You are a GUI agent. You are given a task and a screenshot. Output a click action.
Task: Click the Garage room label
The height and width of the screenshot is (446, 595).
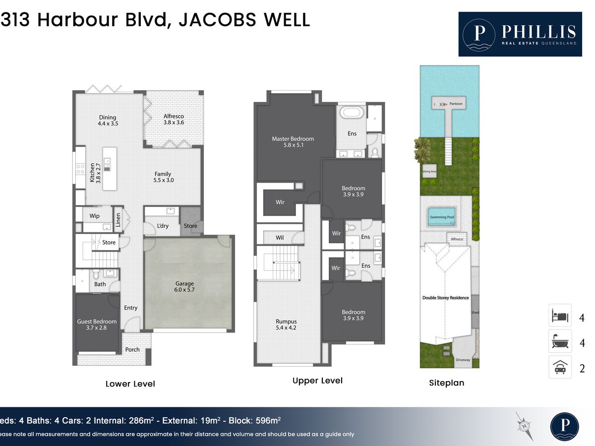[x=184, y=286]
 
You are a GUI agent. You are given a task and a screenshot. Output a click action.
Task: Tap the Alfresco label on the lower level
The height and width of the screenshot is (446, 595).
[x=174, y=119]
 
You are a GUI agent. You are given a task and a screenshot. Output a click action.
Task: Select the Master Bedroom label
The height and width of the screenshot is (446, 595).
[x=293, y=142]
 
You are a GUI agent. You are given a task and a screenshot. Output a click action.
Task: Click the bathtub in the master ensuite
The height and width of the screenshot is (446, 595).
[x=352, y=112]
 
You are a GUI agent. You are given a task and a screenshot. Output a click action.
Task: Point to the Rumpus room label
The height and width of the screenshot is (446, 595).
[x=286, y=325]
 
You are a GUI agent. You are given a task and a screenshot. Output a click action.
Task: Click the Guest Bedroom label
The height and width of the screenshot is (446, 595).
[x=97, y=325]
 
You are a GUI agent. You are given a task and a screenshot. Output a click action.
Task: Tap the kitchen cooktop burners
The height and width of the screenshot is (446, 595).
[x=80, y=169]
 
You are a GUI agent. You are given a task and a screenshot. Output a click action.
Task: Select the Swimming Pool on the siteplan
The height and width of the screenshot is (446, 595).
[x=442, y=217]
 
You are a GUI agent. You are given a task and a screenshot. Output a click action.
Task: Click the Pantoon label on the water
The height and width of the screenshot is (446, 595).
[x=456, y=104]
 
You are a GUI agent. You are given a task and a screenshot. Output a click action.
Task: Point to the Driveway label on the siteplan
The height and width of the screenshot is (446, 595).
[x=463, y=360]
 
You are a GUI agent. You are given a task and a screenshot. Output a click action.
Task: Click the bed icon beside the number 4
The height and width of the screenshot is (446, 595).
[x=560, y=316]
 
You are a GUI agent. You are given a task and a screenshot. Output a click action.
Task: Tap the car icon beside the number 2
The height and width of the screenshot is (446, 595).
[x=560, y=368]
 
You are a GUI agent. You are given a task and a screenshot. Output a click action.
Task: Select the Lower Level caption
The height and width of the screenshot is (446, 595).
[x=130, y=384]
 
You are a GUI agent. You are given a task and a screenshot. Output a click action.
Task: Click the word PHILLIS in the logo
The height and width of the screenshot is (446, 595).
[x=538, y=32]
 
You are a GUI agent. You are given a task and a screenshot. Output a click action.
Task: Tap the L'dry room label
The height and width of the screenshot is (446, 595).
[x=163, y=226]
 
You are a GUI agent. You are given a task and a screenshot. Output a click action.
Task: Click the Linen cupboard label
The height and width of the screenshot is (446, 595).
[x=118, y=220]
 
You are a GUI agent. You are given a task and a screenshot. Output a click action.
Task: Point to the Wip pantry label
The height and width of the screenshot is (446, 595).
[x=94, y=216]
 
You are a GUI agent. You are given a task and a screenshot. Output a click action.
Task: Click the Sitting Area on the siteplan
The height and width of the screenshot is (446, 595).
[x=429, y=171]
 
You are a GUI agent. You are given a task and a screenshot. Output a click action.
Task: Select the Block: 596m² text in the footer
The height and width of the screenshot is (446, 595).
[x=254, y=420]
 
